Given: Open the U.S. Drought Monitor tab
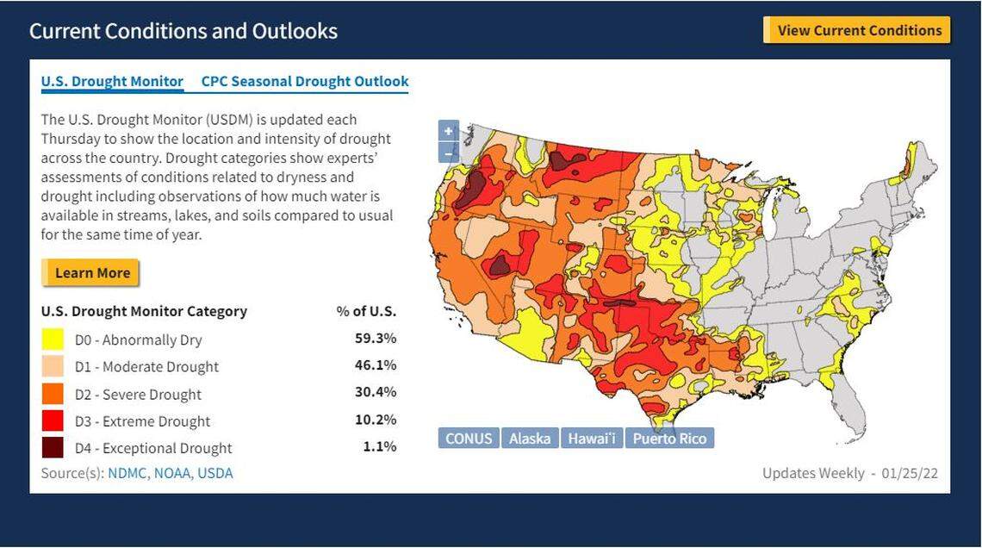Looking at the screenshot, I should (x=112, y=82).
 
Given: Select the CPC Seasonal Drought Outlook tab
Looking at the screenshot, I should (x=305, y=82).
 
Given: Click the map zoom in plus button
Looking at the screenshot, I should (x=448, y=132).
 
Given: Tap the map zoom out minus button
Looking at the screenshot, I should (x=448, y=153).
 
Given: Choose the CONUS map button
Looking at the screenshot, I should (x=469, y=439).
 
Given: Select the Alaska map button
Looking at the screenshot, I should (x=529, y=439).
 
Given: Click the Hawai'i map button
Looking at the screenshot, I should (x=592, y=439).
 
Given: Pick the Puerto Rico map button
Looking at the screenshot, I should (x=669, y=439).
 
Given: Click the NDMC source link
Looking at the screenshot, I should (x=127, y=473).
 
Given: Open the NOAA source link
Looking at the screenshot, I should (x=172, y=473).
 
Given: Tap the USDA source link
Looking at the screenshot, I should (x=215, y=473).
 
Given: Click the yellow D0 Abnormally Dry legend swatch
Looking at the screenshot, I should (x=53, y=339).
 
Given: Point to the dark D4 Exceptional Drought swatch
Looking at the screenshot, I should (x=53, y=448).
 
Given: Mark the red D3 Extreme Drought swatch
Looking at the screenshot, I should (x=53, y=420).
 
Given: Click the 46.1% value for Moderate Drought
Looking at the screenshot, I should (x=376, y=365).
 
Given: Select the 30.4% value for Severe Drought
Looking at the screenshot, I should (x=376, y=392).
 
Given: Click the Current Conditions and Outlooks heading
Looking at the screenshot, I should (x=183, y=31).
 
